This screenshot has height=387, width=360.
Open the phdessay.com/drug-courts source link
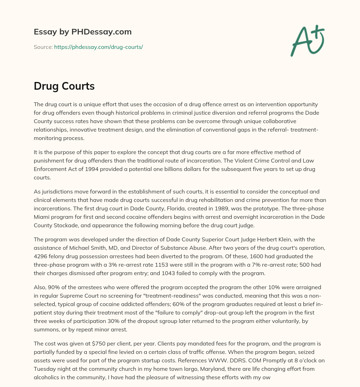[98, 47]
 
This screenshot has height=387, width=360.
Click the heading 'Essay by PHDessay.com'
[83, 32]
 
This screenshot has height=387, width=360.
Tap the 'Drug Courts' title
[64, 86]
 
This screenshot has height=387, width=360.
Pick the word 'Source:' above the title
[43, 47]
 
